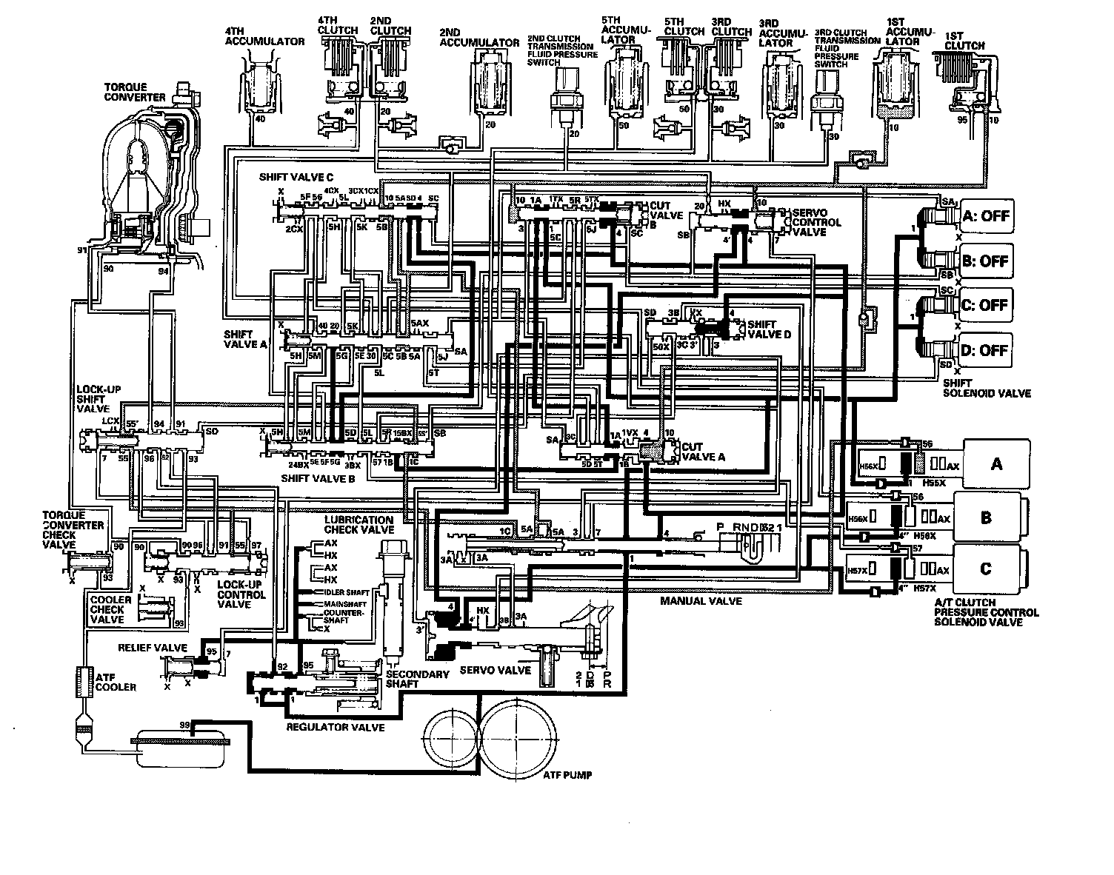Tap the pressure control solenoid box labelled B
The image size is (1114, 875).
986,517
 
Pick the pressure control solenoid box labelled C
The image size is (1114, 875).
986,569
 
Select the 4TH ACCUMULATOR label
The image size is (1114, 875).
264,41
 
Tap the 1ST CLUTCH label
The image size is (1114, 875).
967,41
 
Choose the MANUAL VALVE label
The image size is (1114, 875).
701,602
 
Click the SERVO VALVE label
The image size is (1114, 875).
496,670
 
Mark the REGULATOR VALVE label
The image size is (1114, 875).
335,728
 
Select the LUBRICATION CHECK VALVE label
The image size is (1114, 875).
358,525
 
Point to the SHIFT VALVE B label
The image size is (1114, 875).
318,479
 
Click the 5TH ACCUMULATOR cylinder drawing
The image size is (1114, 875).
624,90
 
